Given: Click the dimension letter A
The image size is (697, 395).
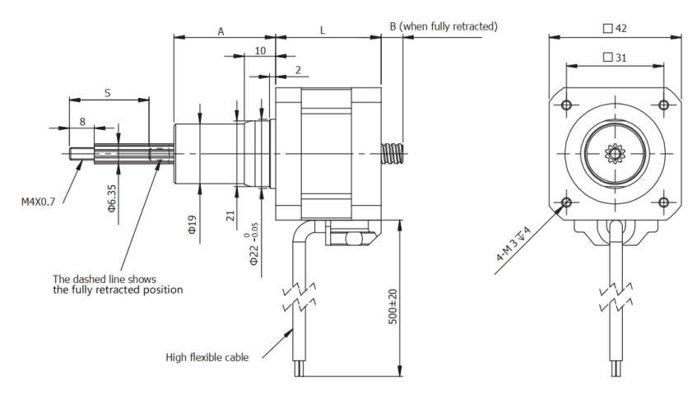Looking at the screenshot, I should [x=221, y=30].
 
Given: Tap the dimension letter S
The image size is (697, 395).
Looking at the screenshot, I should [x=108, y=93].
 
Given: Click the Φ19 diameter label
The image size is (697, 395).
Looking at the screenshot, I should [x=192, y=225].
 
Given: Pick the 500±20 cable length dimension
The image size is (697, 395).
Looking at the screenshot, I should [x=393, y=304].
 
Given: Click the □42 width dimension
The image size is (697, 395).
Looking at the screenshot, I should [x=616, y=28].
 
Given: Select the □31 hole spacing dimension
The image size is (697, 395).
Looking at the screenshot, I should [x=616, y=57].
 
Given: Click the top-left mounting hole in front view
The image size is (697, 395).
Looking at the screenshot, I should [x=566, y=105].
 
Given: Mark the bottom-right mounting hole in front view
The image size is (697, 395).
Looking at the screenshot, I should [x=664, y=202].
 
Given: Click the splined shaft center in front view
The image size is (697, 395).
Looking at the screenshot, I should [x=615, y=153].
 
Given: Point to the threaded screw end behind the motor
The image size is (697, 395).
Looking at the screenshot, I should [x=393, y=154].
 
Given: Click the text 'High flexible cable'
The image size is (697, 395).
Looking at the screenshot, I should [x=207, y=357].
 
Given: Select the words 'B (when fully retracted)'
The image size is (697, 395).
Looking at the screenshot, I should [x=444, y=26].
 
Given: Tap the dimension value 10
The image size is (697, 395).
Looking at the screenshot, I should [x=260, y=50].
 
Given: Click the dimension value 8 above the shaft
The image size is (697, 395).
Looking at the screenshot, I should [x=81, y=121].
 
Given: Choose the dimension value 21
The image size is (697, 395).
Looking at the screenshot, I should [x=231, y=216].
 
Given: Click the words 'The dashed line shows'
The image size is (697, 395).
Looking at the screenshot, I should [x=105, y=279].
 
